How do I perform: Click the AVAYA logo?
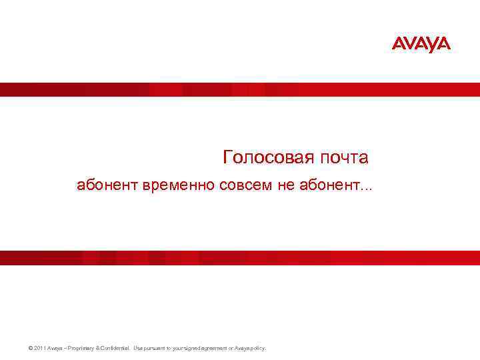tap(421, 45)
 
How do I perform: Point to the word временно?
tap(178, 185)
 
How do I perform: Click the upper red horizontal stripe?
tap(240, 89)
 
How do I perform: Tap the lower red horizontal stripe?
tap(240, 257)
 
